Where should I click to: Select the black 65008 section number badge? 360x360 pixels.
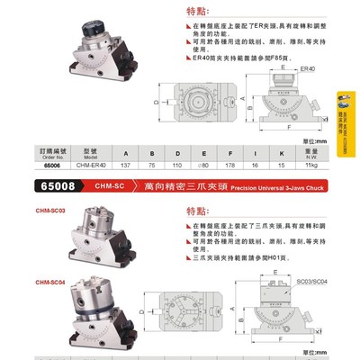[x=36, y=186]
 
